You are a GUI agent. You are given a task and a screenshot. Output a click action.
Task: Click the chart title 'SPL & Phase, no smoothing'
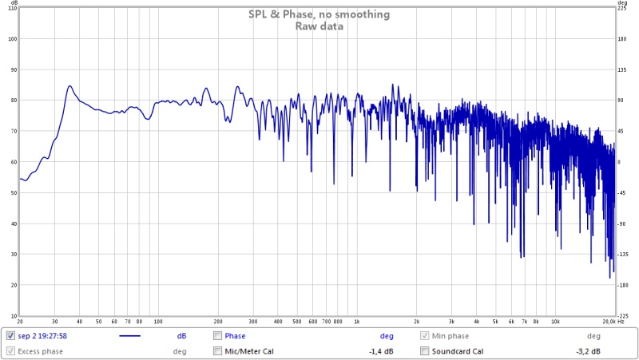(319, 14)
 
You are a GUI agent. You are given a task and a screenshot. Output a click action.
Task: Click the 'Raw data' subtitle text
(319, 26)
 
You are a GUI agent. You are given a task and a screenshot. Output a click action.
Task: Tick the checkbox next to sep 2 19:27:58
(11, 336)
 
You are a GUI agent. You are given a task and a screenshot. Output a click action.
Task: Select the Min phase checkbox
(425, 336)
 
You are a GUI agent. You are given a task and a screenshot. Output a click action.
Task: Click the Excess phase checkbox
(11, 351)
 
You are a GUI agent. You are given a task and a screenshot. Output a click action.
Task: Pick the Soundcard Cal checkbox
(425, 351)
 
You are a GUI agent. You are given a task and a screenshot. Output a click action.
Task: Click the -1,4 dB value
(380, 351)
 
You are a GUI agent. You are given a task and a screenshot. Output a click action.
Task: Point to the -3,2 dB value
(589, 351)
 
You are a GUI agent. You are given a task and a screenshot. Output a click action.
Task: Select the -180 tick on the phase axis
(623, 285)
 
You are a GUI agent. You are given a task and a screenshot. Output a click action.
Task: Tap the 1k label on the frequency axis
(357, 322)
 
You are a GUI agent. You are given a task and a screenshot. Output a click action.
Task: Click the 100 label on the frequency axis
(157, 322)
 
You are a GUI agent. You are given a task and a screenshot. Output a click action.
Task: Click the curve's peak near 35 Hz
(69, 86)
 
